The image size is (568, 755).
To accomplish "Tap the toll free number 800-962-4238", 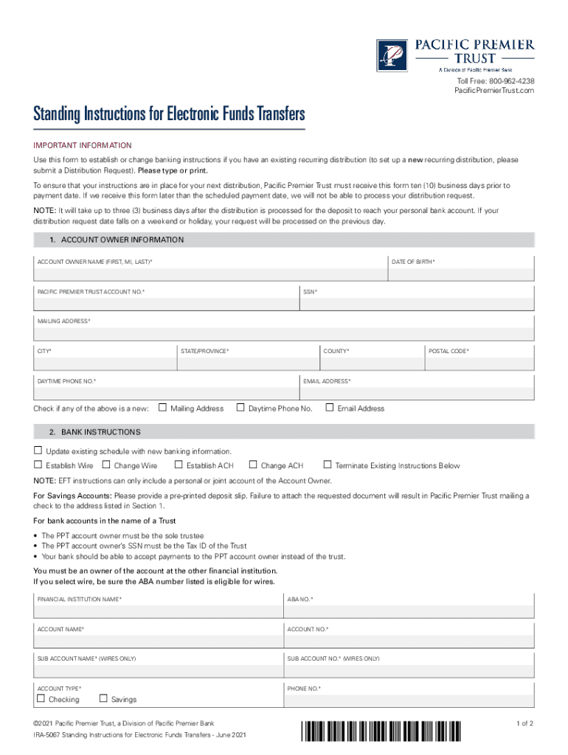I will click(495, 81).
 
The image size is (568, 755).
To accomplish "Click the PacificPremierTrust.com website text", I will click(493, 91).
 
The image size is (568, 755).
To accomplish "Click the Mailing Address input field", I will click(284, 333).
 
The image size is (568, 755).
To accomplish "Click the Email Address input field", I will click(417, 393).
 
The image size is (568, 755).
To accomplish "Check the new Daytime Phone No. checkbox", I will click(240, 408).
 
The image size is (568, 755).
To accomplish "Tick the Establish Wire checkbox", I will click(38, 465).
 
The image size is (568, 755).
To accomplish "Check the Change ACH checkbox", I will click(253, 465).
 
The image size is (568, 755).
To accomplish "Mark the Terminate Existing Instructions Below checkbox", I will click(328, 465).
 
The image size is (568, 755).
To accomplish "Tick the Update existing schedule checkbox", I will click(38, 450).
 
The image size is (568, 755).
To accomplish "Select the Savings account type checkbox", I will click(103, 699).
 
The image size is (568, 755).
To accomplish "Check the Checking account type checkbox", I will click(41, 699).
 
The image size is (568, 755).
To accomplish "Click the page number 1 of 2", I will click(525, 723).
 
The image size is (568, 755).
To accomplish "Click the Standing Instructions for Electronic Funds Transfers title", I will click(169, 115).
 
